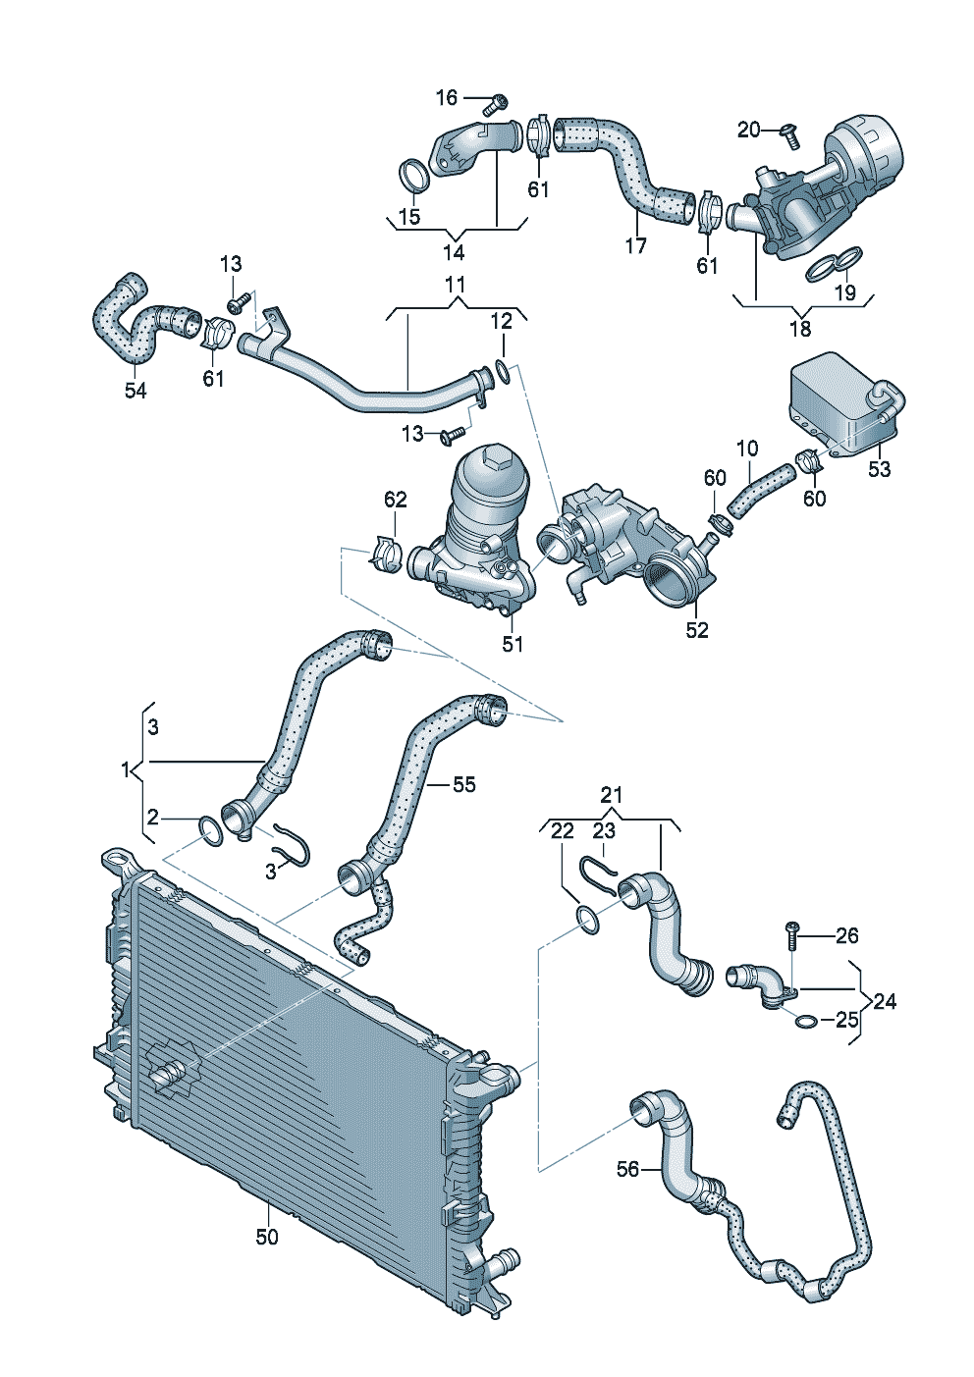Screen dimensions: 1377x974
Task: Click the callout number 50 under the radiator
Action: (267, 1237)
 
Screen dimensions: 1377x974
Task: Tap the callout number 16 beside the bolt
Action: (447, 97)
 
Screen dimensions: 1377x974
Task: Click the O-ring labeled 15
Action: (414, 176)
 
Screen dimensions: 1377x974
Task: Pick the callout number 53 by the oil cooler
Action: (879, 469)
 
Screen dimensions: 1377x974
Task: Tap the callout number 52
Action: (696, 630)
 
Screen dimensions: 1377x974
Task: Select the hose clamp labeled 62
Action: (386, 553)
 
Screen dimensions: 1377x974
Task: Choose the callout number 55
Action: (463, 784)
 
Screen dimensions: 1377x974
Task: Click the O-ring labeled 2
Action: (211, 830)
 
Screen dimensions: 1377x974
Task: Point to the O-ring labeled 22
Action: (587, 921)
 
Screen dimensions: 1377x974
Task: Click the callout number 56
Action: (627, 1169)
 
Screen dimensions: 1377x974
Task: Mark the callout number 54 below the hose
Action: (135, 390)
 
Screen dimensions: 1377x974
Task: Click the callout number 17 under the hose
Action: (636, 245)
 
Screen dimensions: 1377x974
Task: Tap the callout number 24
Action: (885, 1001)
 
